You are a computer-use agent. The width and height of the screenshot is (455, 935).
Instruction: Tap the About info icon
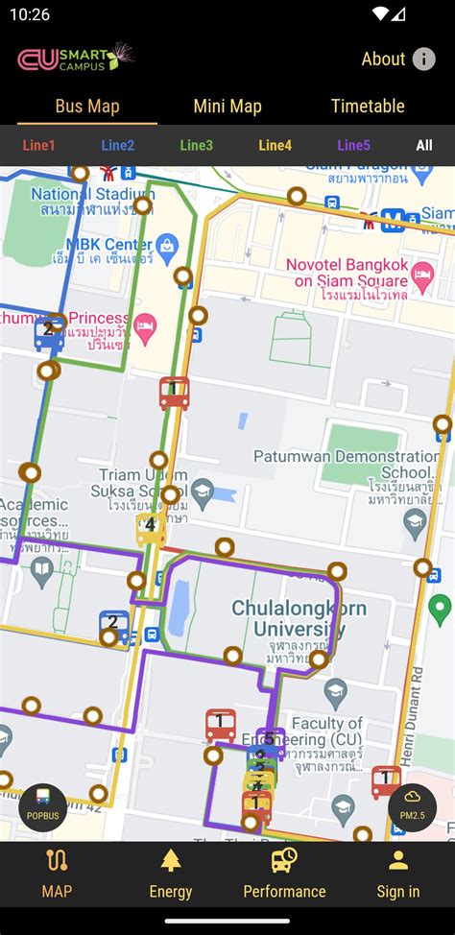(x=423, y=60)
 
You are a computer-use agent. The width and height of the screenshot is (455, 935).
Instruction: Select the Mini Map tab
(x=227, y=107)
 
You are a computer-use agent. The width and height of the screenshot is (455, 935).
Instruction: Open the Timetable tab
(x=368, y=107)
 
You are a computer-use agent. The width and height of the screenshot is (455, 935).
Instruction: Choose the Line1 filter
(x=39, y=146)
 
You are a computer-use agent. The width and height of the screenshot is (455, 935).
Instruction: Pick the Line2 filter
(x=117, y=146)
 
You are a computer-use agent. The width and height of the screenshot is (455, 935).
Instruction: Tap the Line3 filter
(x=196, y=146)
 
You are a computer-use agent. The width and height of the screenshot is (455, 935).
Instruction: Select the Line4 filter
(x=275, y=146)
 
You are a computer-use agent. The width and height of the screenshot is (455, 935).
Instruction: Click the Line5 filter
(x=353, y=146)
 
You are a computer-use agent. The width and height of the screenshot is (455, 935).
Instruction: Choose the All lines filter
(x=423, y=146)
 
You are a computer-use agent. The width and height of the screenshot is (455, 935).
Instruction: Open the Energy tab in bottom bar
(x=171, y=873)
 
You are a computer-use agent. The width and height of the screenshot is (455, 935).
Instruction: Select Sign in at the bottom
(x=397, y=873)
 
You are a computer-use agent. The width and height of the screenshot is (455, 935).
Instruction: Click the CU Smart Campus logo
(x=75, y=59)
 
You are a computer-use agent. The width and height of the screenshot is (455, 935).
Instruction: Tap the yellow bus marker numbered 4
(x=151, y=526)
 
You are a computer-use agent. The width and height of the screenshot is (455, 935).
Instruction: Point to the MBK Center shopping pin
(x=166, y=245)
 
